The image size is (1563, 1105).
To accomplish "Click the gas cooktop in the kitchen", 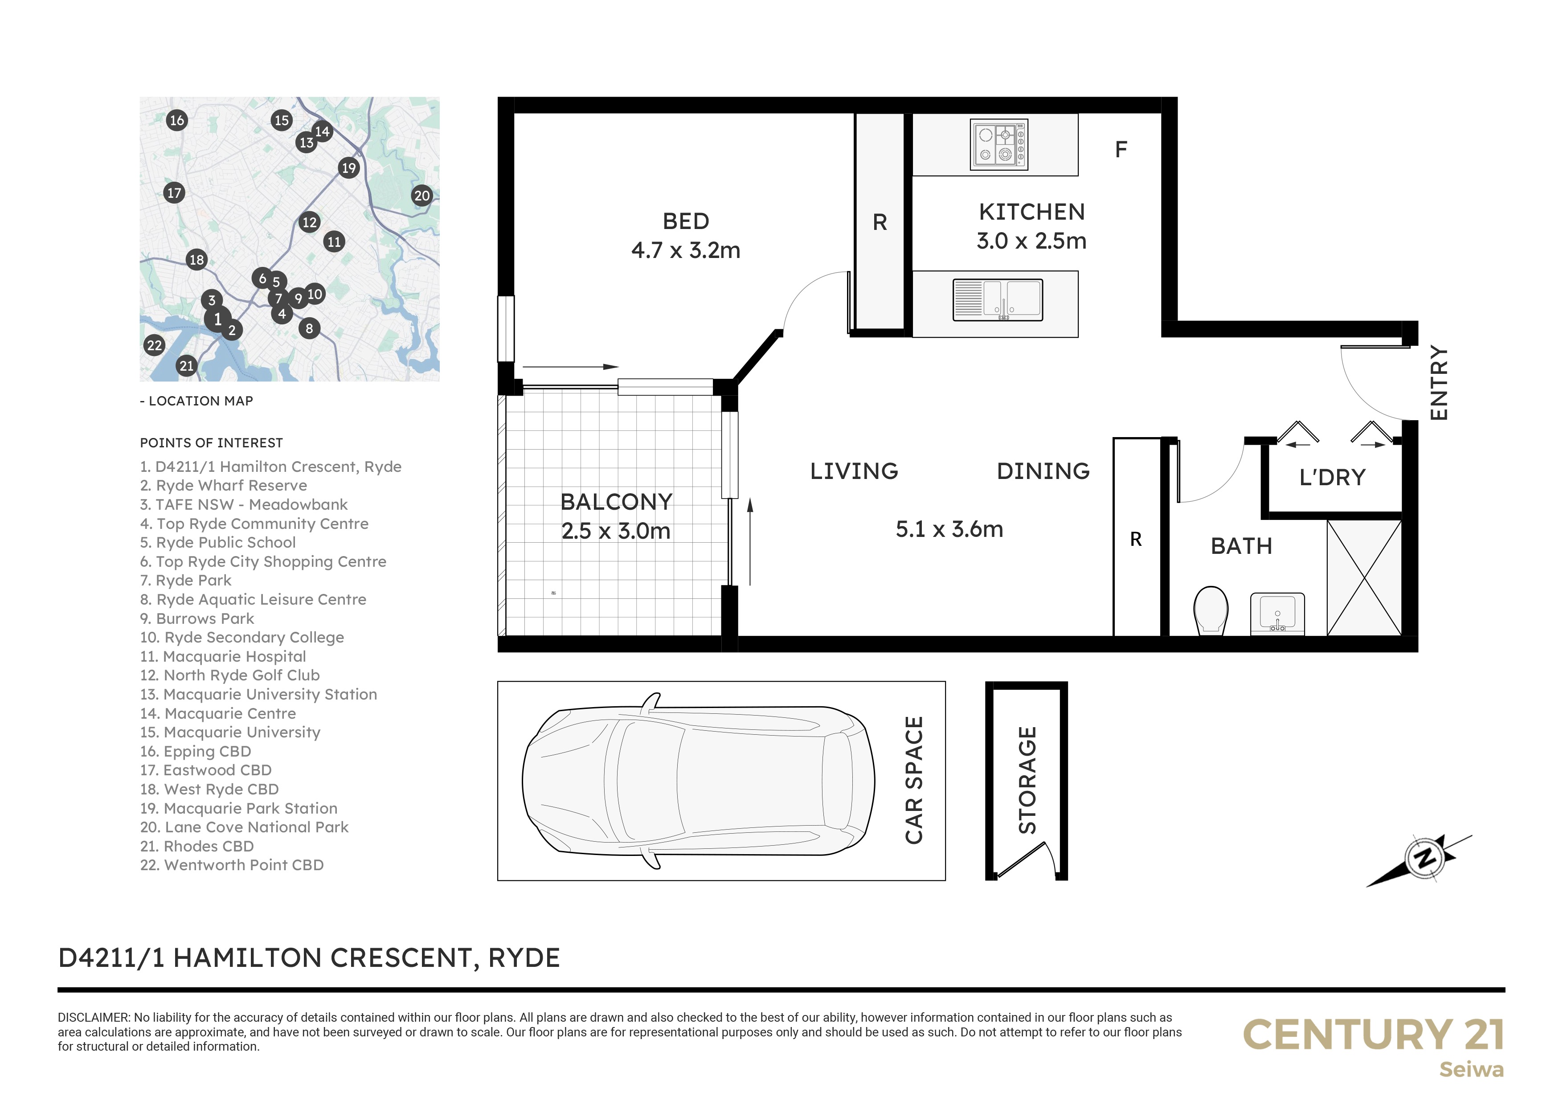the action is click(x=998, y=145).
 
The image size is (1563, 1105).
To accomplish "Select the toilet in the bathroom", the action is click(x=1211, y=610).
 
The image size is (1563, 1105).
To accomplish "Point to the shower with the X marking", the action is click(x=1364, y=578).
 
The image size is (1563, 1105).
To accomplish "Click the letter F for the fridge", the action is click(x=1121, y=149).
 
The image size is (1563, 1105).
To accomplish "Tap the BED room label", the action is click(x=686, y=221).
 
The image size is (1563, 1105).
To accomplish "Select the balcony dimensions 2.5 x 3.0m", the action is click(x=616, y=531).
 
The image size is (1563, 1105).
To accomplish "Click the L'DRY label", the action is click(x=1332, y=477).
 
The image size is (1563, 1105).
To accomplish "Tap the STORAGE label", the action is click(x=1027, y=780).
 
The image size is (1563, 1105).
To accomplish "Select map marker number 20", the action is click(x=422, y=196).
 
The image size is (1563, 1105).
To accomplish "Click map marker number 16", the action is click(x=177, y=120).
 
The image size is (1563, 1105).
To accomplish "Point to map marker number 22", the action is click(x=155, y=345).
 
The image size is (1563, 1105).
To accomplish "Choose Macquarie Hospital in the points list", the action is click(x=223, y=656).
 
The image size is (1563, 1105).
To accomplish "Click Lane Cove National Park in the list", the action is click(x=245, y=827).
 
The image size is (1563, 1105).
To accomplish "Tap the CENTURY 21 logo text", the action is click(x=1374, y=1035).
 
